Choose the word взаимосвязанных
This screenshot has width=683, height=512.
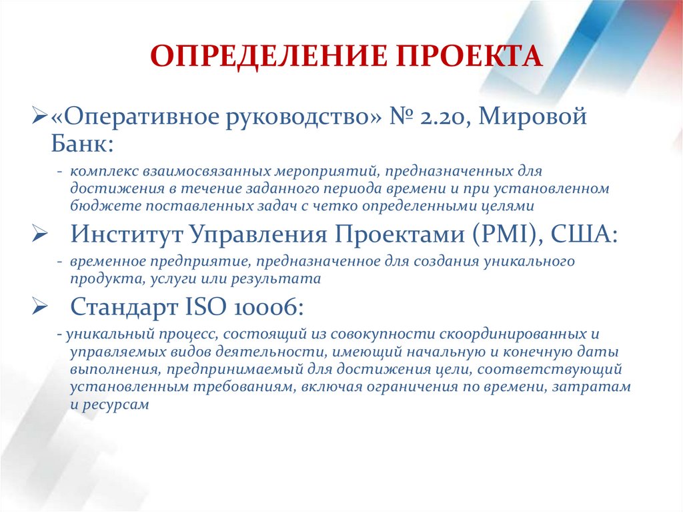pos(189,172)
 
